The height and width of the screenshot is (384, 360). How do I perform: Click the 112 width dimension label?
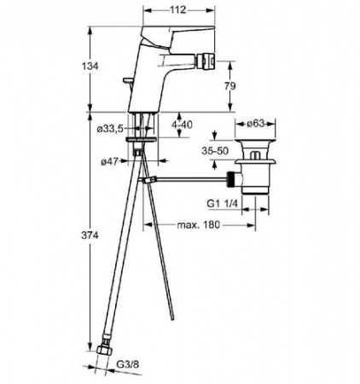[178, 10]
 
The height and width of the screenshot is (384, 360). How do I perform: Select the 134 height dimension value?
[90, 67]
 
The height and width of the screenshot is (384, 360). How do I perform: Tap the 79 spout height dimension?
[230, 86]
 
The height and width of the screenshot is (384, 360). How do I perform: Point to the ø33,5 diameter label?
[110, 129]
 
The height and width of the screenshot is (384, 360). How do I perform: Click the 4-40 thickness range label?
[182, 125]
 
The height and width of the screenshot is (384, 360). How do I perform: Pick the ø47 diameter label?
[109, 162]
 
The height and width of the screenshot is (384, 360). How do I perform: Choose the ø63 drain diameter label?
[256, 124]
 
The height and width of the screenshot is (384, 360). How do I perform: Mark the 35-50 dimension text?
[215, 151]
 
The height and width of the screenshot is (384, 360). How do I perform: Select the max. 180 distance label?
[199, 224]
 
